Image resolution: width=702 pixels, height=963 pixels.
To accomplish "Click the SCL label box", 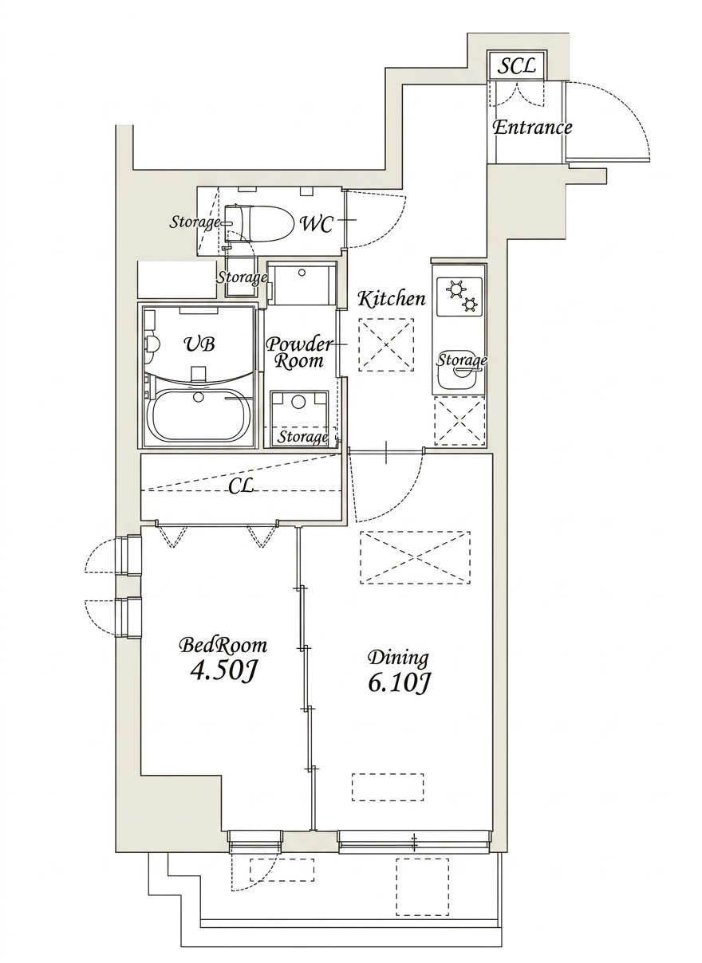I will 516,66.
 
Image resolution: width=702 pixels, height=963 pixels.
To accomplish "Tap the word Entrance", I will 532,128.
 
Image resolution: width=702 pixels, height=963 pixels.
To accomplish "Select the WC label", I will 316,223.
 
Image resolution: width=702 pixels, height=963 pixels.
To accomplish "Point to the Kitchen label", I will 391,300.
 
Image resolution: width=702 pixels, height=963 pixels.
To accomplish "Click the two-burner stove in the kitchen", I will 459,295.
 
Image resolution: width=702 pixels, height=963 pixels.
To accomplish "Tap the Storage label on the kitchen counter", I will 461,361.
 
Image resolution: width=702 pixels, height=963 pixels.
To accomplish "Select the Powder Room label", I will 298,352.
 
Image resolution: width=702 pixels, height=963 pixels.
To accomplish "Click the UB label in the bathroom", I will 199,344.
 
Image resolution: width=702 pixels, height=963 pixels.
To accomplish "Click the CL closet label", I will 241,486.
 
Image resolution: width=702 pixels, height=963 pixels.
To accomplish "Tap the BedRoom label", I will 223,645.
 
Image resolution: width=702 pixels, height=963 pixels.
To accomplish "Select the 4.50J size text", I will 223,671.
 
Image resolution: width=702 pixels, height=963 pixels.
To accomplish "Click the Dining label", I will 398,658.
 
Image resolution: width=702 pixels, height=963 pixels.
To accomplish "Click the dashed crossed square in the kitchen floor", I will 386,344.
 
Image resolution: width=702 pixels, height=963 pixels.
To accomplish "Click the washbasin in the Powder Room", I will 299,403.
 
